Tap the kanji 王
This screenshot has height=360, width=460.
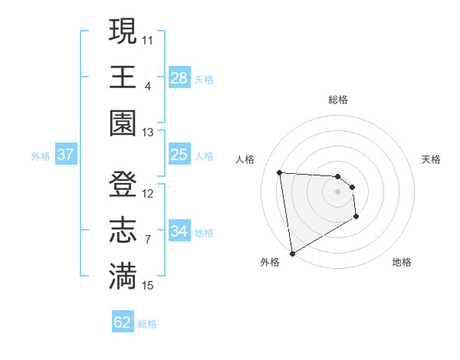click(x=123, y=77)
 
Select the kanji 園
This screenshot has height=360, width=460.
click(x=123, y=123)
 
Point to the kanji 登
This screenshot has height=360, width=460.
click(x=123, y=185)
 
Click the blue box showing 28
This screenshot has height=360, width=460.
click(x=179, y=78)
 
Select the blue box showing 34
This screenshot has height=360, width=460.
click(x=179, y=231)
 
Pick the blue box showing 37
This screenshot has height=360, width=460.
click(x=65, y=155)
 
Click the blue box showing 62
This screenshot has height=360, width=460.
click(x=123, y=322)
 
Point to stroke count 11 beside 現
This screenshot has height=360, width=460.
click(x=148, y=39)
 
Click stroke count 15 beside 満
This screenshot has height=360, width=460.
click(x=148, y=286)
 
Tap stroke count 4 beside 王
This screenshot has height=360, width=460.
click(x=148, y=85)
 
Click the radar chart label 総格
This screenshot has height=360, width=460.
click(x=338, y=100)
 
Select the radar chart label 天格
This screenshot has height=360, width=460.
click(x=432, y=159)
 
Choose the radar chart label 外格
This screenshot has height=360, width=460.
click(x=270, y=262)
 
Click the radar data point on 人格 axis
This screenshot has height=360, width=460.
click(x=280, y=172)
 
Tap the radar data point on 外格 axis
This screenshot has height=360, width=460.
click(x=292, y=254)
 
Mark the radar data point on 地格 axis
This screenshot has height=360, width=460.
click(x=356, y=217)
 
